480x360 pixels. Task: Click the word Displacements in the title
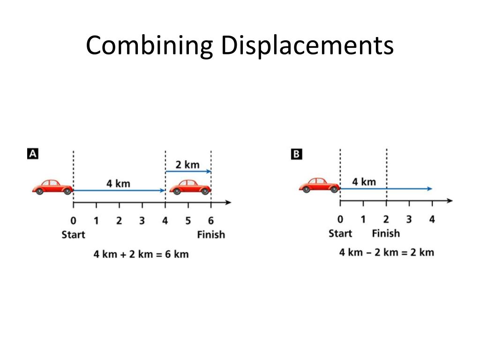coord(307,46)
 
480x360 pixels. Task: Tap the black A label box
coord(31,154)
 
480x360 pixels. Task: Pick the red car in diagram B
coord(319,185)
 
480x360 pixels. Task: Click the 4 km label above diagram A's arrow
coord(118,183)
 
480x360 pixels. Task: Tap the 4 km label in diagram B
coord(364,181)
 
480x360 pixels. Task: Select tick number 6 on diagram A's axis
coord(211,221)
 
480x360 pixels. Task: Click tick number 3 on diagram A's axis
coord(142,221)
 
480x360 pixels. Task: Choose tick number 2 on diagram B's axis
coord(386,219)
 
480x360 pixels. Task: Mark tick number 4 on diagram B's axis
coord(432,219)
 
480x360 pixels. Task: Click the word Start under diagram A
coord(73,234)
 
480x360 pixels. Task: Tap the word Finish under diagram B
coord(386,233)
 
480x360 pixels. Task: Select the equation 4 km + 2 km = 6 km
coord(141,254)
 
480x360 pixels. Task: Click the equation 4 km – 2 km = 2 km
coord(386,252)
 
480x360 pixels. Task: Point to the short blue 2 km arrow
coord(188,172)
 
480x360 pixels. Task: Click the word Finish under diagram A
coord(210,234)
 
